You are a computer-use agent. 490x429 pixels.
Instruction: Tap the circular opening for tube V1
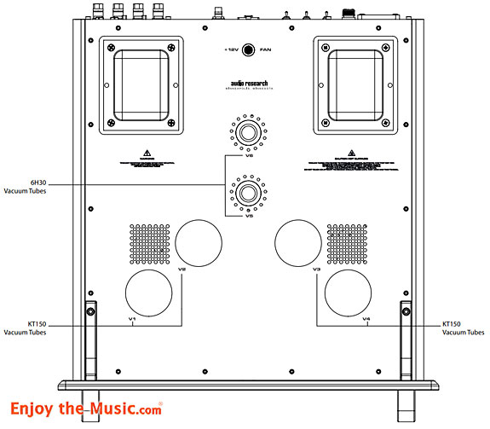coord(149,292)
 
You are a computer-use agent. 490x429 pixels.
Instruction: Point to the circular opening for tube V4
coord(348,292)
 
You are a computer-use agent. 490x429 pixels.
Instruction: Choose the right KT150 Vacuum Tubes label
coord(460,328)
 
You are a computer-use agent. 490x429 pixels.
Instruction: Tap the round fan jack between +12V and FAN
coord(248,50)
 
